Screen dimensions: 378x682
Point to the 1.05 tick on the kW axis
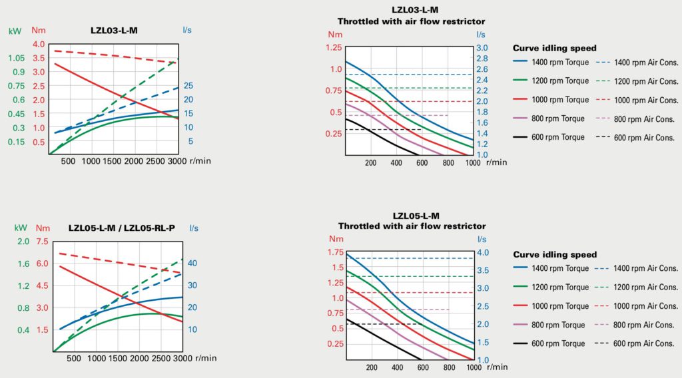click(17, 58)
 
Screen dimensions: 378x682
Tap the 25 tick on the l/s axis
click(188, 86)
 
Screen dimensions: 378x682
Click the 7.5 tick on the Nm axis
click(42, 242)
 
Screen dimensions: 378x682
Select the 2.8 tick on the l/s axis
click(482, 59)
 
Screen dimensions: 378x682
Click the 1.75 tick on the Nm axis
click(335, 252)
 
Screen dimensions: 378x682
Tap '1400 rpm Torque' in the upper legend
click(560, 63)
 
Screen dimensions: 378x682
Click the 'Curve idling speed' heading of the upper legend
click(554, 48)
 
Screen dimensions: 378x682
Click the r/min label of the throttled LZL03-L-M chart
click(496, 162)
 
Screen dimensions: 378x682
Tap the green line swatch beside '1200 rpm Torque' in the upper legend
click(521, 81)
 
